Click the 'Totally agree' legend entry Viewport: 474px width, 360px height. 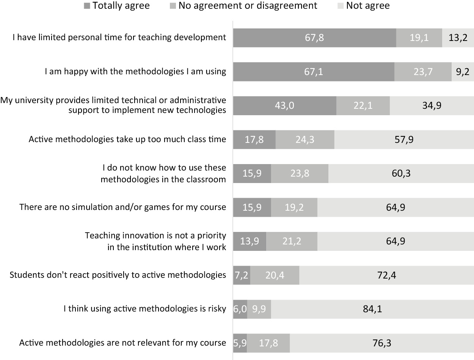117,6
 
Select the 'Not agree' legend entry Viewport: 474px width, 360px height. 363,6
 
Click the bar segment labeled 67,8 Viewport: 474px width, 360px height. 314,38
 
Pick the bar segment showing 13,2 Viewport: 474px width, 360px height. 458,38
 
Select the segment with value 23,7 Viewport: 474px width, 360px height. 423,71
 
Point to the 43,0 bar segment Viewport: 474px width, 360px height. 284,105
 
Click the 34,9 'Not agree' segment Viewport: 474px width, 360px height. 432,105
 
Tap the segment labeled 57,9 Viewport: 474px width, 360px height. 404,139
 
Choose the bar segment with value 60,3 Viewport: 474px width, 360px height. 401,173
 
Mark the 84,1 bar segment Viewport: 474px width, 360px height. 372,309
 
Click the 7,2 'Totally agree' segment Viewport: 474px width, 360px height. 242,275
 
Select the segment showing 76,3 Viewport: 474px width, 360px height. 382,343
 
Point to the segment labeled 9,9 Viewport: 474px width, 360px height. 259,309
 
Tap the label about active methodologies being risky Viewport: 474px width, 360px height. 144,309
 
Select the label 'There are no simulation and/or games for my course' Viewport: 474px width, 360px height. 122,207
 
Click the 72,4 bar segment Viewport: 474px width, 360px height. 386,275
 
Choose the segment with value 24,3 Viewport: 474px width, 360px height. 305,139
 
